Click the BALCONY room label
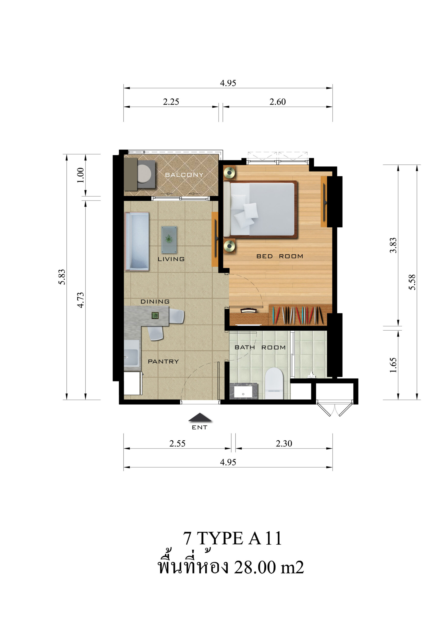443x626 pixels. tap(184, 175)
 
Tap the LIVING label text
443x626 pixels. tap(171, 259)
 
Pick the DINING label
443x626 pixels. tap(155, 302)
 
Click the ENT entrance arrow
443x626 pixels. tap(200, 417)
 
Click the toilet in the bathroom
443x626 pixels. tap(274, 383)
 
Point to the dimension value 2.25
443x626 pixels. tap(171, 102)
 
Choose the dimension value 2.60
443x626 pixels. tap(278, 102)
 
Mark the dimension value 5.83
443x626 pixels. tap(62, 277)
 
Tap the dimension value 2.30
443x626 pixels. tap(284, 444)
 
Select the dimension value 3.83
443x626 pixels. tap(393, 245)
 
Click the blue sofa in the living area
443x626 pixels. tap(137, 242)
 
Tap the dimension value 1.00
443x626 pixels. tap(80, 175)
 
